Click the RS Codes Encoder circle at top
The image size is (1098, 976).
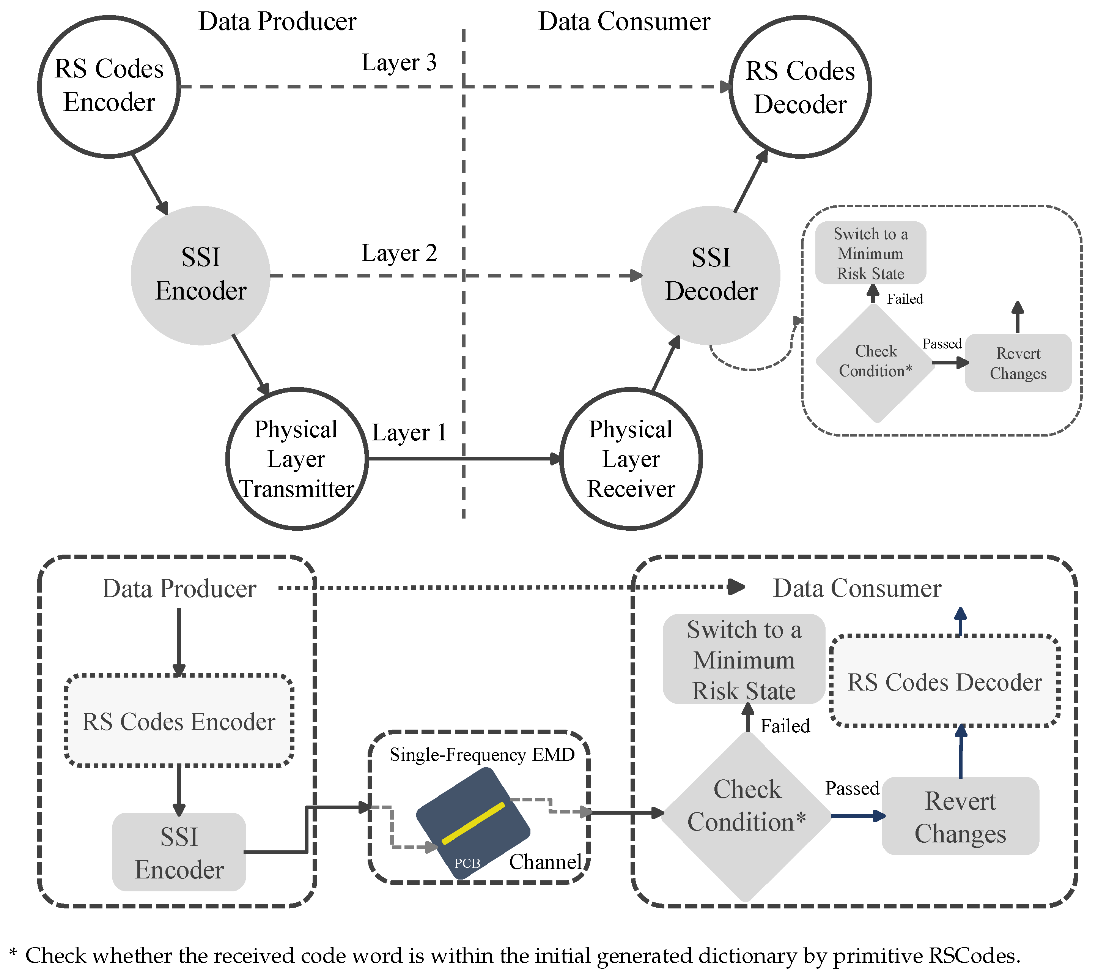tap(109, 87)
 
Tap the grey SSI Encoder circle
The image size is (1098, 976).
tap(200, 275)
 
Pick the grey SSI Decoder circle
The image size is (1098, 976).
tap(711, 275)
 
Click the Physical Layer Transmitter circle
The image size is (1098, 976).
tap(297, 459)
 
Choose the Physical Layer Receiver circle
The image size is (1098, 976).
tap(631, 459)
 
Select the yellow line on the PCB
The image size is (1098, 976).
tap(473, 823)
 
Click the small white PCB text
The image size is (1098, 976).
tap(467, 864)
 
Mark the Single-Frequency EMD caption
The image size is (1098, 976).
tap(482, 755)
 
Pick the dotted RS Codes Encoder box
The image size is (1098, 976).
tap(179, 721)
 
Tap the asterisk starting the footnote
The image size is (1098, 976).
tap(13, 954)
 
